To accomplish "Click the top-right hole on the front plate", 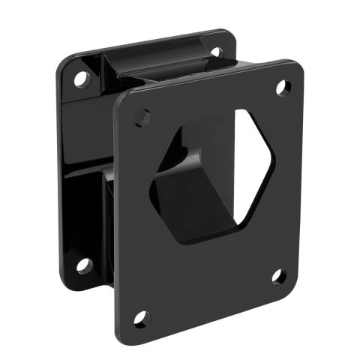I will pos(283,88).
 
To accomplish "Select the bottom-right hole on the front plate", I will pos(278,276).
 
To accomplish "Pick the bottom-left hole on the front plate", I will pos(141,318).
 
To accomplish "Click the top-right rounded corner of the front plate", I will pos(299,66).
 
